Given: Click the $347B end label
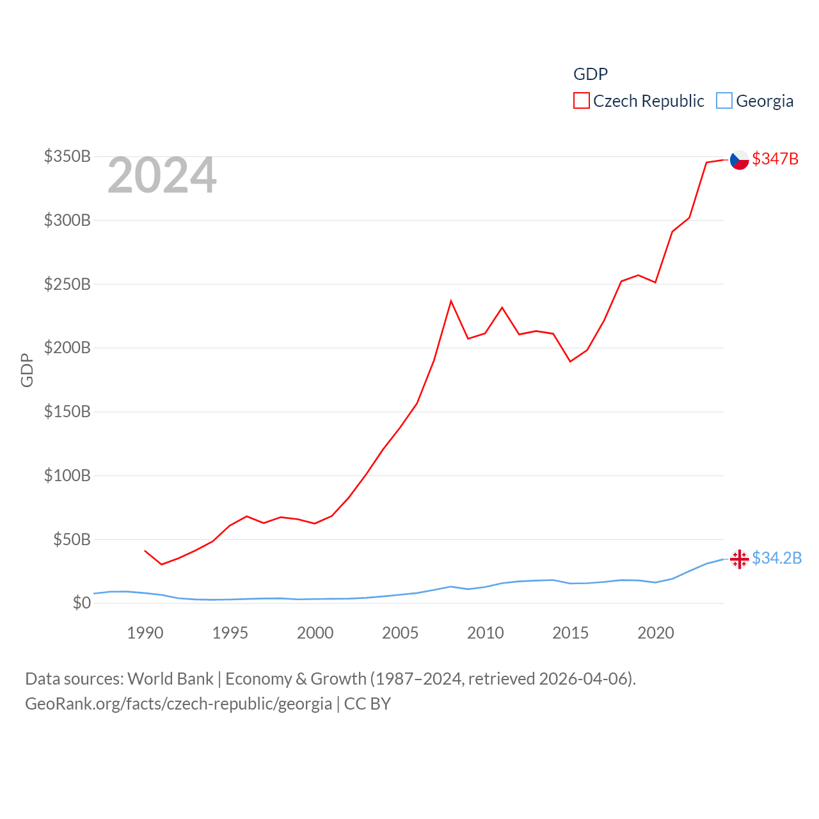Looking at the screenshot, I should tap(775, 159).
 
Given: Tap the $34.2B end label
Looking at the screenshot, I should tap(776, 558).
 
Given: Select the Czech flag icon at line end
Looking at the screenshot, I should tap(740, 160).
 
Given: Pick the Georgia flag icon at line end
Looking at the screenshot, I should tap(740, 559).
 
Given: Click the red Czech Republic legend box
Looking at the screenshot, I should tap(581, 101).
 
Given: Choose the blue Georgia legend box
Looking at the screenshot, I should tap(724, 101).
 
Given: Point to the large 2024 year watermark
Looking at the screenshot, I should tap(162, 175).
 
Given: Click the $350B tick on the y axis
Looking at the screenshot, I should tap(67, 156).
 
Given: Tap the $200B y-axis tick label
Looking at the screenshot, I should tap(67, 348).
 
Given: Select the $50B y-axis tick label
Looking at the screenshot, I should tap(72, 539).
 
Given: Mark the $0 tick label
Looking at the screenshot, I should tap(81, 603).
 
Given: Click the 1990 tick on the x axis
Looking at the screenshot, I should tap(145, 633).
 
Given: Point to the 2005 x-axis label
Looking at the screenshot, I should tap(400, 633).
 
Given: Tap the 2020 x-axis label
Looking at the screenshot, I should tap(655, 633).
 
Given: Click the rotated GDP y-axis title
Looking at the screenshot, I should tap(27, 370).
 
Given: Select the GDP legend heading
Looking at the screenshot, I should tap(590, 74).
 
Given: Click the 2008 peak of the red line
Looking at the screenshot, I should tap(451, 301).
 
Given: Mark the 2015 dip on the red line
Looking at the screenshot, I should tap(570, 362).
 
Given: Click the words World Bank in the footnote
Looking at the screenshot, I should tap(170, 678).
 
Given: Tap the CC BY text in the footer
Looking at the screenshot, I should tap(367, 704).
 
